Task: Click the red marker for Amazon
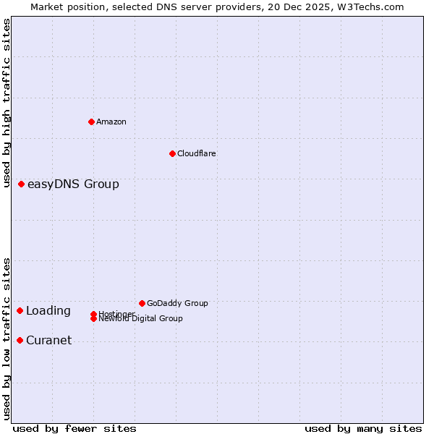coord(91,122)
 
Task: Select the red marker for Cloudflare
coord(172,153)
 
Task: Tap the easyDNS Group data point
coord(22,184)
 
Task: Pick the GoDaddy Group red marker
coord(142,303)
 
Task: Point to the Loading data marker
coord(20,310)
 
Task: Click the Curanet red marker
coord(20,340)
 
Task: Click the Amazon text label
coord(111,122)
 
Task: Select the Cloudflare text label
coord(197,153)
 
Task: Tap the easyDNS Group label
coord(73,184)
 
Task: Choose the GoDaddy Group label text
coord(177,303)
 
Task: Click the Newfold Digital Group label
coord(141,318)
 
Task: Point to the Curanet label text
coord(48,340)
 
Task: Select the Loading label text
coord(48,310)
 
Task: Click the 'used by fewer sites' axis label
coord(75,428)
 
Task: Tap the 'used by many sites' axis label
coord(363,428)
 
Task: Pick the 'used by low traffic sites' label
coord(7,339)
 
